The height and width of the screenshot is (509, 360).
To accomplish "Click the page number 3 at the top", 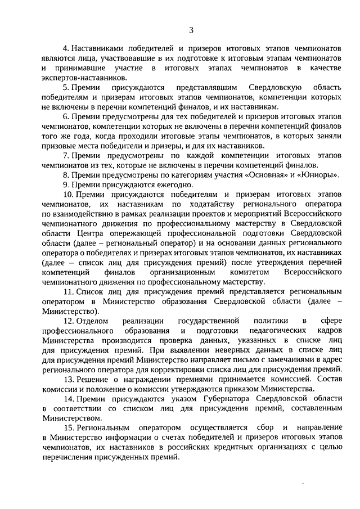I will coord(191,30).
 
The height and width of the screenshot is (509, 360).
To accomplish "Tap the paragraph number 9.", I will coord(65,184).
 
